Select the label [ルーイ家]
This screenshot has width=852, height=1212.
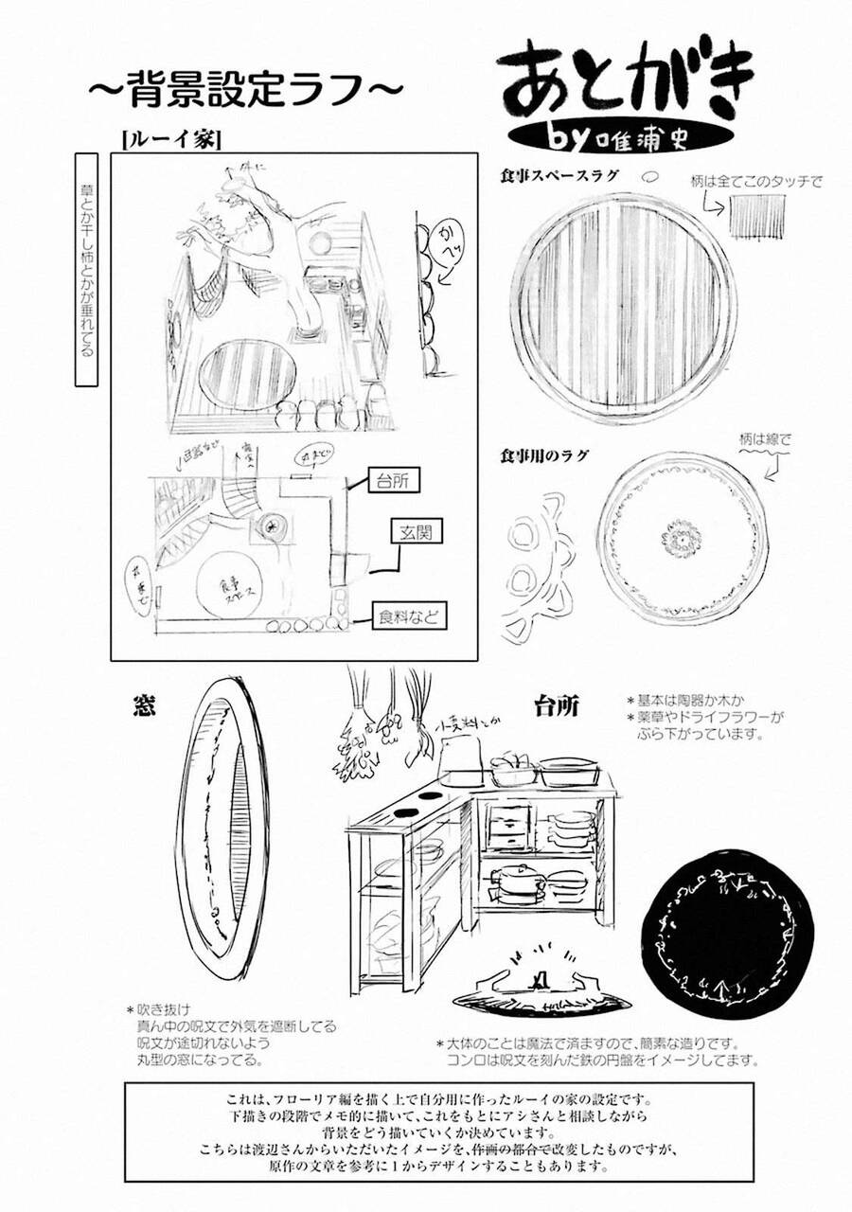pyautogui.click(x=171, y=138)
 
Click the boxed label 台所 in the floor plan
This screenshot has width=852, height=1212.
pyautogui.click(x=390, y=480)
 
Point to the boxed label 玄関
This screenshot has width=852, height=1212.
pyautogui.click(x=415, y=532)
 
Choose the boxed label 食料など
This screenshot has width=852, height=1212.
pyautogui.click(x=410, y=617)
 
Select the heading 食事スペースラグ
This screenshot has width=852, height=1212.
pyautogui.click(x=559, y=176)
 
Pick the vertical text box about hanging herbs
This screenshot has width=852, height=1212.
pyautogui.click(x=86, y=269)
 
